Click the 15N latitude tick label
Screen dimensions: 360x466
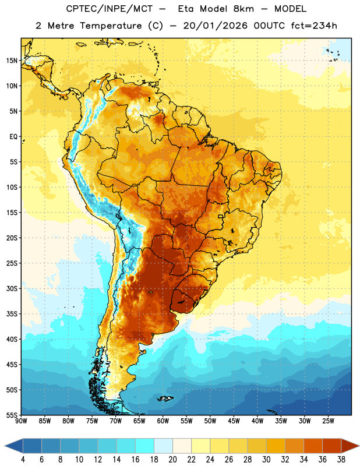tap(12, 61)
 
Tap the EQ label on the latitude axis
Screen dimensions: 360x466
tap(13, 137)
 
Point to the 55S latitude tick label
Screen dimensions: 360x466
tap(12, 415)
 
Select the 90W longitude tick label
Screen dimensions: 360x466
tap(21, 421)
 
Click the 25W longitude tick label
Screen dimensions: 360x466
tap(328, 421)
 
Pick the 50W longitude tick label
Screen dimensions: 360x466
tap(210, 421)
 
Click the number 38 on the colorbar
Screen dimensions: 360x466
tap(341, 460)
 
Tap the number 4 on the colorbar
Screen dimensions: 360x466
tap(23, 460)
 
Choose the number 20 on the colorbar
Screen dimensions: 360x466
tap(172, 460)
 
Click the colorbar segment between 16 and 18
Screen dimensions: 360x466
tap(144, 446)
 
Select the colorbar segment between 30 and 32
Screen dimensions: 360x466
tap(276, 446)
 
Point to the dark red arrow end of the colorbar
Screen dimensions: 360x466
tap(350, 446)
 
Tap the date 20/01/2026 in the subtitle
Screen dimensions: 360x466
tap(215, 26)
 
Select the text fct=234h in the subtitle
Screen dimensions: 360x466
tap(314, 26)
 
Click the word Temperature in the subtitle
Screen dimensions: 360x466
tap(111, 26)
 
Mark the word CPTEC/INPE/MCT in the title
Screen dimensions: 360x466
tap(110, 9)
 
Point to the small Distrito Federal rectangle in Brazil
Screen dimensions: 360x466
tap(221, 216)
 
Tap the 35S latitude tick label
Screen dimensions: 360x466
tap(12, 314)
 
